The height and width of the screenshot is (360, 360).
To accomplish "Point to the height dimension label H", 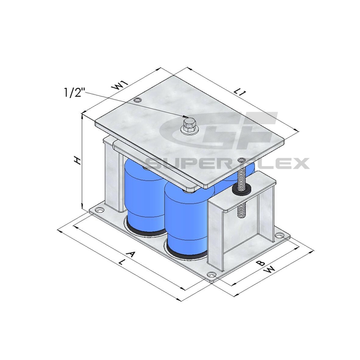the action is click(78, 161).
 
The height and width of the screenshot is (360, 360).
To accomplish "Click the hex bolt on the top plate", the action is click(188, 126).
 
